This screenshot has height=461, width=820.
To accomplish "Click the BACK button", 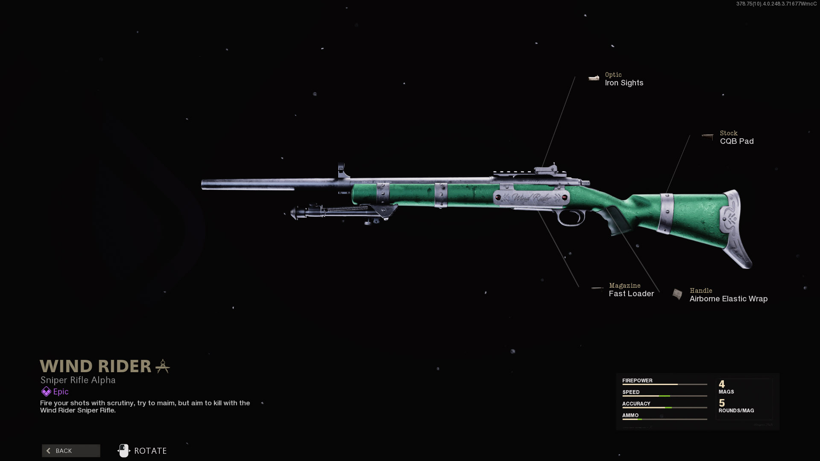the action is tap(71, 451).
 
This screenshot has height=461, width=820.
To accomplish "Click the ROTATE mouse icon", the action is tap(124, 450).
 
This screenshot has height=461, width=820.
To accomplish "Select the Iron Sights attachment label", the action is tap(624, 83).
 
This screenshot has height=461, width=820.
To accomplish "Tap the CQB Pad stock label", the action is tap(736, 141).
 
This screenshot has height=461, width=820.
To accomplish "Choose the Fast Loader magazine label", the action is tap(631, 294).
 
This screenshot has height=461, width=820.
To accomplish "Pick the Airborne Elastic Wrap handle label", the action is tap(728, 299).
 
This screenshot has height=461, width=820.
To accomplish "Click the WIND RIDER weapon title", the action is tap(95, 366).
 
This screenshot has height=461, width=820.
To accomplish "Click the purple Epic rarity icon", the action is tap(46, 391).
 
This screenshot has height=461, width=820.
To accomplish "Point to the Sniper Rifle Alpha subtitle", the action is tap(78, 380).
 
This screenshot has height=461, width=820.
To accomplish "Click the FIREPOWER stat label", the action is tap(637, 380).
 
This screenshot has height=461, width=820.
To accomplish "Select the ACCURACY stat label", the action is tap(636, 403).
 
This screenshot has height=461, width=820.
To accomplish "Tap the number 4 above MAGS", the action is tap(722, 384).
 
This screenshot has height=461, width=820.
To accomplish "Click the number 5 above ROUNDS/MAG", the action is tap(722, 403).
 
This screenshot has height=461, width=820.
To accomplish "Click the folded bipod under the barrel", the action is tap(342, 212).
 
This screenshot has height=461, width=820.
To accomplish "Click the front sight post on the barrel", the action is tap(342, 170).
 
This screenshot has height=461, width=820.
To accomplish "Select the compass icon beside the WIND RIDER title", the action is tap(162, 366).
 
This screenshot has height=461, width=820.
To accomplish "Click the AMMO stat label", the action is tap(630, 415).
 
